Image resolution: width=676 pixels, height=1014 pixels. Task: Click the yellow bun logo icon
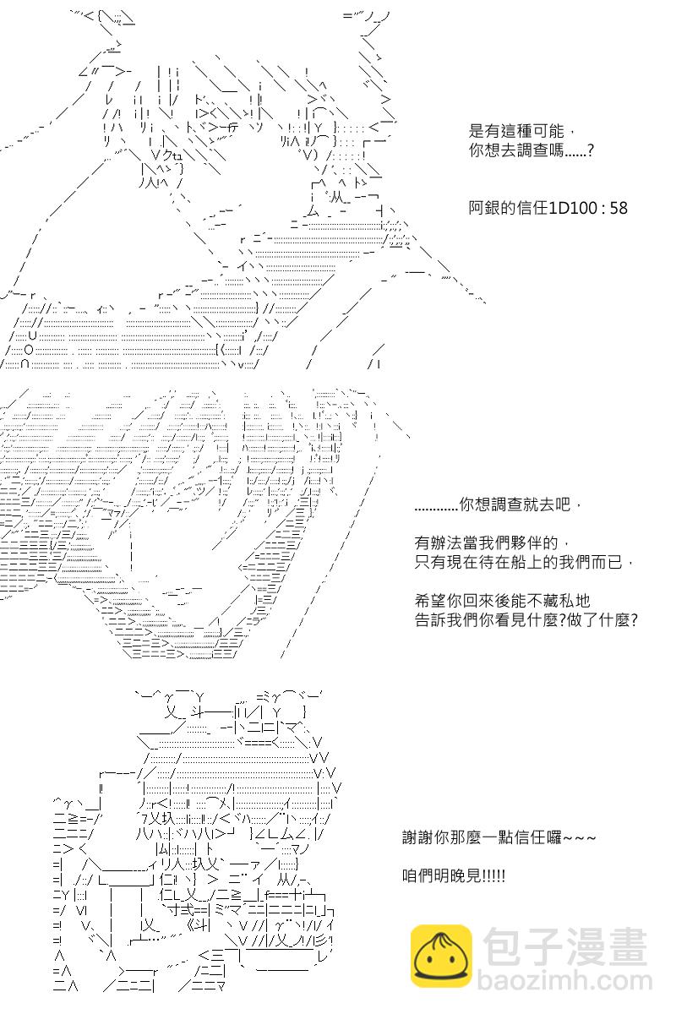[x=441, y=956]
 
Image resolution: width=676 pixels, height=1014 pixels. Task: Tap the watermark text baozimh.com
[x=565, y=980]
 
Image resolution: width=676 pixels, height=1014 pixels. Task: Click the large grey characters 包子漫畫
[x=565, y=946]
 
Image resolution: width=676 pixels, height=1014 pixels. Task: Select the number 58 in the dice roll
[x=619, y=208]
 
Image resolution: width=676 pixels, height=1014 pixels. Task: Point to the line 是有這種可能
[x=516, y=131]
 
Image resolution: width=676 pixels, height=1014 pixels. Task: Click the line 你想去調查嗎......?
[x=532, y=150]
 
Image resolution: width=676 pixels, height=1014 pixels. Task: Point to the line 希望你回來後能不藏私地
[x=503, y=601]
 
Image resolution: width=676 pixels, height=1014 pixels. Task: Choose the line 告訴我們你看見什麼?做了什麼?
[x=526, y=619]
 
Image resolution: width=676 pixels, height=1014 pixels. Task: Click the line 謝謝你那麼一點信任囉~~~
[x=499, y=837]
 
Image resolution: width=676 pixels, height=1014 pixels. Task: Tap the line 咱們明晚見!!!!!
[x=454, y=876]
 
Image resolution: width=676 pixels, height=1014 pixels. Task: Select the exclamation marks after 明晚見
[x=494, y=876]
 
